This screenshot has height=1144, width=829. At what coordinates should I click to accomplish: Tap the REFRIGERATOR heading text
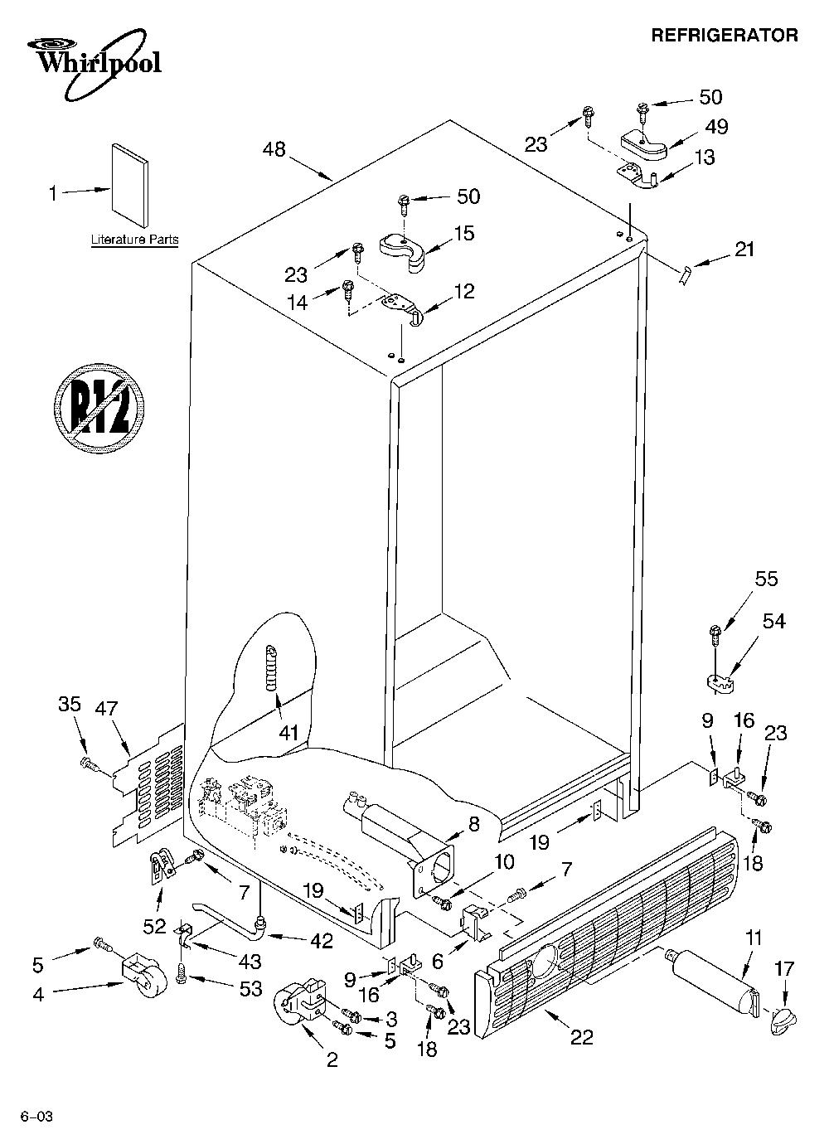pyautogui.click(x=725, y=36)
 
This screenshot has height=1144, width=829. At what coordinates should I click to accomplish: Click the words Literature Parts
pyautogui.click(x=135, y=240)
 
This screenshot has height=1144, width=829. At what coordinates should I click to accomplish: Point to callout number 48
pyautogui.click(x=274, y=149)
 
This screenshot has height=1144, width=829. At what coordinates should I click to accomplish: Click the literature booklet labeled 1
pyautogui.click(x=130, y=184)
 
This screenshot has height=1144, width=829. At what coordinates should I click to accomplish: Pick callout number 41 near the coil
pyautogui.click(x=288, y=734)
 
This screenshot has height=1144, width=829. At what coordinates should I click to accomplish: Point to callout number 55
pyautogui.click(x=766, y=579)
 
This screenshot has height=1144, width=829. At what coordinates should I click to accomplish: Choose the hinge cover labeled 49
pyautogui.click(x=645, y=144)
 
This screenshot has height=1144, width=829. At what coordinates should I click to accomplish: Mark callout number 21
pyautogui.click(x=744, y=250)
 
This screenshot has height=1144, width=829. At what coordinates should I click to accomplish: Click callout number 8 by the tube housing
pyautogui.click(x=474, y=823)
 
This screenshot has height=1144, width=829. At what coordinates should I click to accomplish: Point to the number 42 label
pyautogui.click(x=322, y=941)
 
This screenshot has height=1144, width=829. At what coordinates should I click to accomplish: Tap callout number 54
pyautogui.click(x=773, y=622)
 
